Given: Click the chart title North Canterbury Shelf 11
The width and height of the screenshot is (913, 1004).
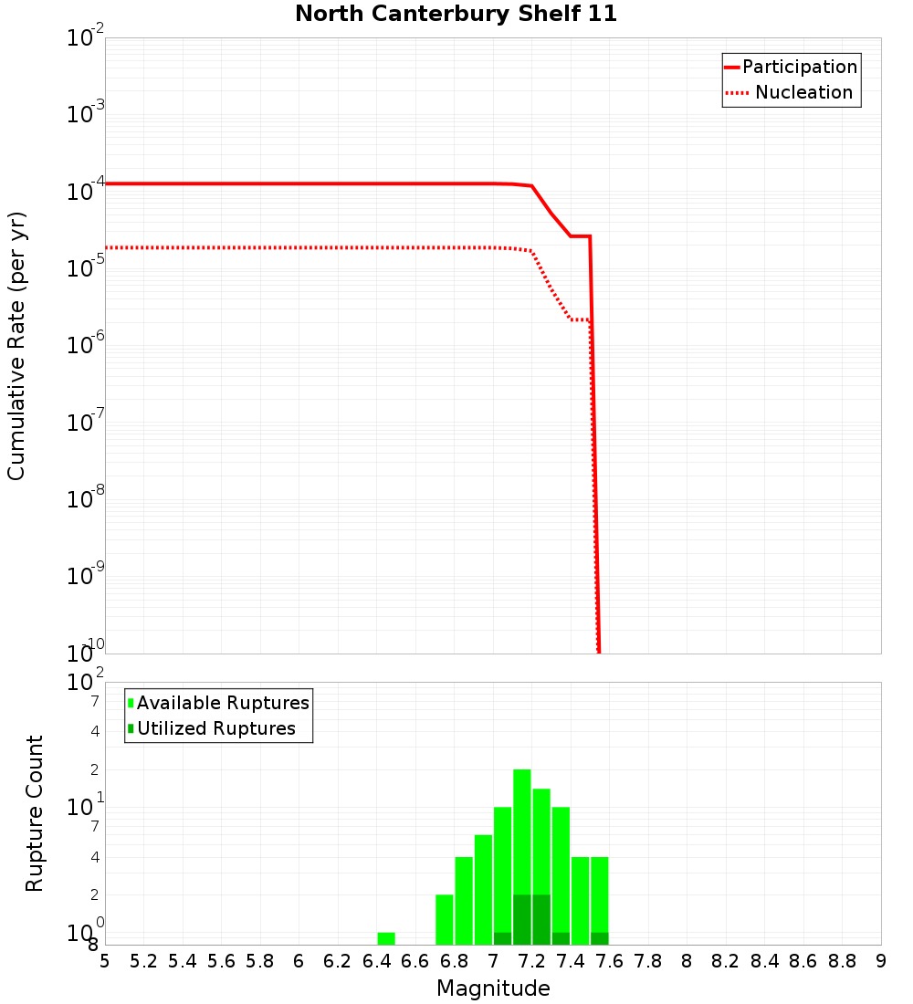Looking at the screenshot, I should click(x=456, y=15).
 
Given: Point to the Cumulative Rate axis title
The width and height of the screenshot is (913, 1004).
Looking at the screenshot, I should click(x=16, y=346).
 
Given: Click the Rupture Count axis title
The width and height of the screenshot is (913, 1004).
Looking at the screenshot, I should click(x=35, y=812).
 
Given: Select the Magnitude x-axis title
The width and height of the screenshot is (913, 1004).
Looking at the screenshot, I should click(x=493, y=988).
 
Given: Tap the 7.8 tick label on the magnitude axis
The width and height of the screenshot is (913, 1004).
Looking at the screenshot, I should click(x=648, y=961).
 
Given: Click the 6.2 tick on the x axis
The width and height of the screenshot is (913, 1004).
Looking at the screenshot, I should click(x=338, y=961).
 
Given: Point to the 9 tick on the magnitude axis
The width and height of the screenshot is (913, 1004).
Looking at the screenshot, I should click(x=881, y=961).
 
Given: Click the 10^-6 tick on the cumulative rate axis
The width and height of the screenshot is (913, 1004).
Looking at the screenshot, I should click(x=86, y=344).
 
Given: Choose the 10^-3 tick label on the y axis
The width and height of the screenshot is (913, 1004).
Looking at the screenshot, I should click(x=86, y=113).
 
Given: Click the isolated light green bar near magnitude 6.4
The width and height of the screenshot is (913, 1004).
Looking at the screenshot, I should click(x=386, y=938).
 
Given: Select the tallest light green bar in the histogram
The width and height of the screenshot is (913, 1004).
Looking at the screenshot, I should click(x=522, y=831).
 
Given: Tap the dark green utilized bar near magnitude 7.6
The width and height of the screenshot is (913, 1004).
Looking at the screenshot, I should click(x=600, y=938).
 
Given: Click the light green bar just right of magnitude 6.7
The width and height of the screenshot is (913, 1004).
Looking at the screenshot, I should click(x=445, y=919).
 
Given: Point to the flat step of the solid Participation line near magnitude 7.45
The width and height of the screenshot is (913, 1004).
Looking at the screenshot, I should click(x=581, y=236).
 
